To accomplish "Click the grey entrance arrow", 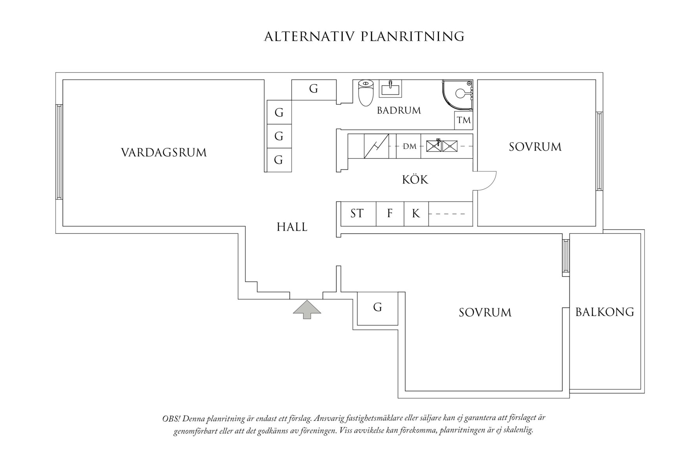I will (x=307, y=309).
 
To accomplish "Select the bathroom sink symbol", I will (x=390, y=89).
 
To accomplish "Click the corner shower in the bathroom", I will (x=458, y=94).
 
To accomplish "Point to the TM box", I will (x=463, y=120).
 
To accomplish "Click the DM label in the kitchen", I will (x=410, y=146).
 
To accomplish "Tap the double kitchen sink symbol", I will (x=442, y=146).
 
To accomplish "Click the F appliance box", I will (x=390, y=214).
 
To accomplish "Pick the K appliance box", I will (x=416, y=214).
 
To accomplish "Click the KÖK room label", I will (x=415, y=180).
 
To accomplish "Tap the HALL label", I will (x=292, y=227).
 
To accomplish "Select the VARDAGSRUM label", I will (x=164, y=152).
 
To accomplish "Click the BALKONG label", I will (x=604, y=312).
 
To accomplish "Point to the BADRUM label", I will (x=399, y=111).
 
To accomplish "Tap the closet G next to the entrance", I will (x=377, y=307).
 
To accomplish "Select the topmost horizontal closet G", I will (x=313, y=89).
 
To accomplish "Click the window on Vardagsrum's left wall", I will (x=59, y=152).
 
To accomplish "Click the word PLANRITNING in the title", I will (x=412, y=36).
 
